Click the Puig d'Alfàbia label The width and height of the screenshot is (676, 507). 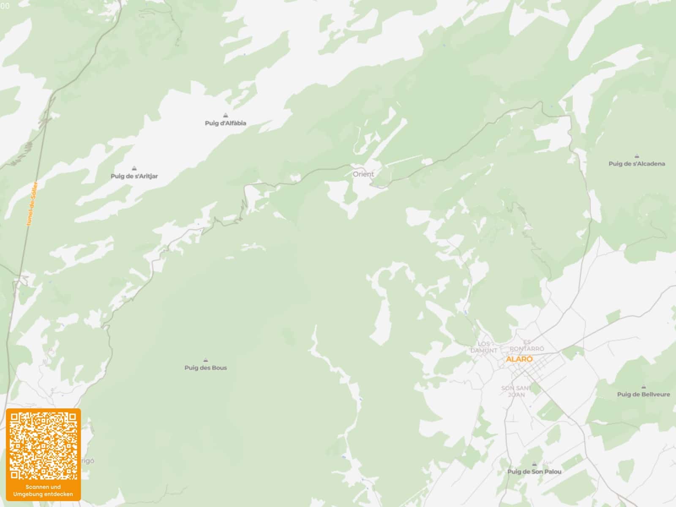pos(225,123)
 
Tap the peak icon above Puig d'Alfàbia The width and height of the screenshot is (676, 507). pos(226,115)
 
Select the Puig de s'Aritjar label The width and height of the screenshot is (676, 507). pos(134,176)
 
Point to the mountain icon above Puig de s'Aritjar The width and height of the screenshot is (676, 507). pos(134,168)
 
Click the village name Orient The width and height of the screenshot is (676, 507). pos(363,174)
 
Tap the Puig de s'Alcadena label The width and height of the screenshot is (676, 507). pos(637,164)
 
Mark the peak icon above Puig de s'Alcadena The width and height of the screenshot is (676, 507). pos(637,156)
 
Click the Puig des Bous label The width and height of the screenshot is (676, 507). pos(206,368)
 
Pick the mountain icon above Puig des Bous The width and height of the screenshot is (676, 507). pos(206,360)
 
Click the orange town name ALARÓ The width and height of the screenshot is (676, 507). pos(519,359)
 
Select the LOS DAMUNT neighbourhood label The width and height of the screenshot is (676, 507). pos(484,347)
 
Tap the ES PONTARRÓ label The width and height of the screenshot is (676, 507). pos(527,345)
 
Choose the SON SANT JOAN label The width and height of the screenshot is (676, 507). pos(516,391)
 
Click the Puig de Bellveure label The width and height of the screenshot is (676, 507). pos(643,395)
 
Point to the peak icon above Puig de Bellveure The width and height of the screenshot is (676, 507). pos(643,387)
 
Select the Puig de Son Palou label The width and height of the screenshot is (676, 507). pos(534,472)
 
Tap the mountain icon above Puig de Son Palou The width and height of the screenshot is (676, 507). pos(534,464)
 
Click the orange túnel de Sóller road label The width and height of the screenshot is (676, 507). pos(32,203)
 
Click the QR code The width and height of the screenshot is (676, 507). pos(43,446)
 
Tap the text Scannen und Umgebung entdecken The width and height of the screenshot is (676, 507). pos(43,491)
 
